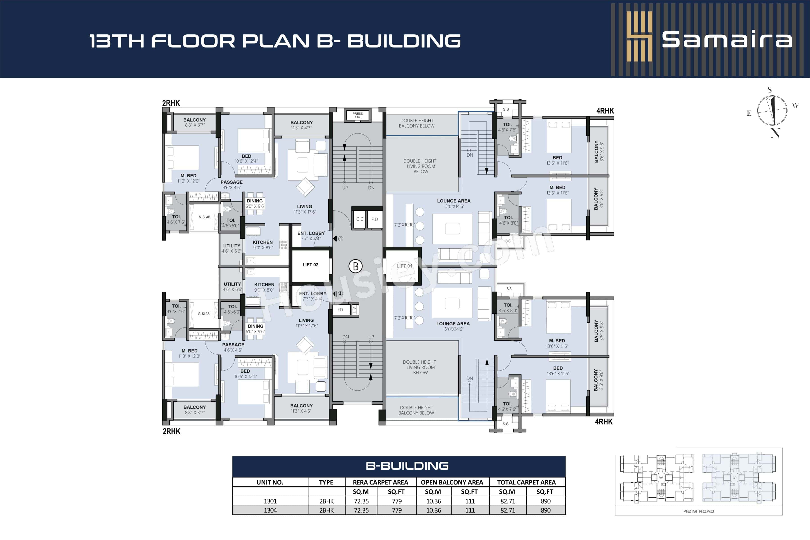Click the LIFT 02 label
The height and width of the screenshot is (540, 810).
point(310,265)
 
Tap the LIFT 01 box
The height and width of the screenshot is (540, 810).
point(404,266)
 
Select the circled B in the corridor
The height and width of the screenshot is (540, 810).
point(355,266)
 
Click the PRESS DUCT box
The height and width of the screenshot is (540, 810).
point(358,115)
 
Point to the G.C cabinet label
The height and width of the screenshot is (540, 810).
point(360,219)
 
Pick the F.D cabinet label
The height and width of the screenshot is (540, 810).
point(375,219)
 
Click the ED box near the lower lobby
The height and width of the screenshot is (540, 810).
point(340,310)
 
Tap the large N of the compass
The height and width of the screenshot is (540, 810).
point(775,133)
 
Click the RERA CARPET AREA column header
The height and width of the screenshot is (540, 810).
point(380,482)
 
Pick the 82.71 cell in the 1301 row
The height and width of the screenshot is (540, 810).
point(508,501)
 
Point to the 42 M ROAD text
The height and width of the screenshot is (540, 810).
point(698,511)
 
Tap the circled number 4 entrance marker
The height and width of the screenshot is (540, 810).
point(340,294)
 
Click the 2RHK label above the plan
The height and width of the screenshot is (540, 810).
point(171,103)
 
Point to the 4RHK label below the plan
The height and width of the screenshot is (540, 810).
point(604,421)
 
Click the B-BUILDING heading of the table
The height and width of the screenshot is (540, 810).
point(407,466)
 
